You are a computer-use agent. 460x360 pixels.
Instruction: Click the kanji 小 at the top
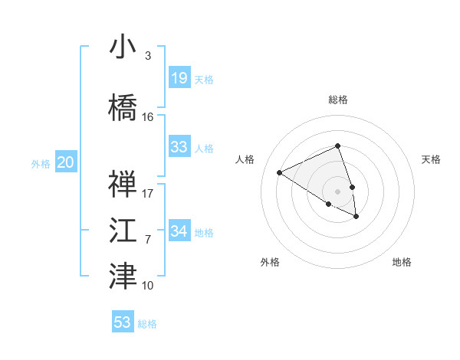(x=123, y=47)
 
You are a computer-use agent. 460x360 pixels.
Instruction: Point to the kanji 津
(x=123, y=277)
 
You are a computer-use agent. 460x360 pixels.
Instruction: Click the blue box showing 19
(x=179, y=78)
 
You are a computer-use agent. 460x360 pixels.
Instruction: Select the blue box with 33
(x=179, y=147)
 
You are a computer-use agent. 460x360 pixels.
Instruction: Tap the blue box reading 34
(x=179, y=231)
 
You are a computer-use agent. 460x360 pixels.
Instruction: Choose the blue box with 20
(x=66, y=162)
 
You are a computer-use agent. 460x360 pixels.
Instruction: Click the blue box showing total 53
(x=123, y=322)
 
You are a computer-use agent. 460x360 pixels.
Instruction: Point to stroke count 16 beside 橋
(x=148, y=117)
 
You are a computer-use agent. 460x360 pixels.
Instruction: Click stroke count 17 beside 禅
(x=148, y=193)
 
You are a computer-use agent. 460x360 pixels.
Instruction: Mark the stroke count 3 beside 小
(x=147, y=56)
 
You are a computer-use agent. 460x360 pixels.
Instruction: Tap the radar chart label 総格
(x=337, y=100)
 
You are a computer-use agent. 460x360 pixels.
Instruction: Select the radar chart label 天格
(x=431, y=159)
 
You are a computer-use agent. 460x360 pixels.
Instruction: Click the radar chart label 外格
(x=270, y=263)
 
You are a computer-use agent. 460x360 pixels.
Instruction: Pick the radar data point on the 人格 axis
(x=279, y=172)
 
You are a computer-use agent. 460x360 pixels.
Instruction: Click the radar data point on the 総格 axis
(x=337, y=146)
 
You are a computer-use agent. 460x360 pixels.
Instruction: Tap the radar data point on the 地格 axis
(x=356, y=217)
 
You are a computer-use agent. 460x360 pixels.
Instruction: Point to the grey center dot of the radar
(x=337, y=190)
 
